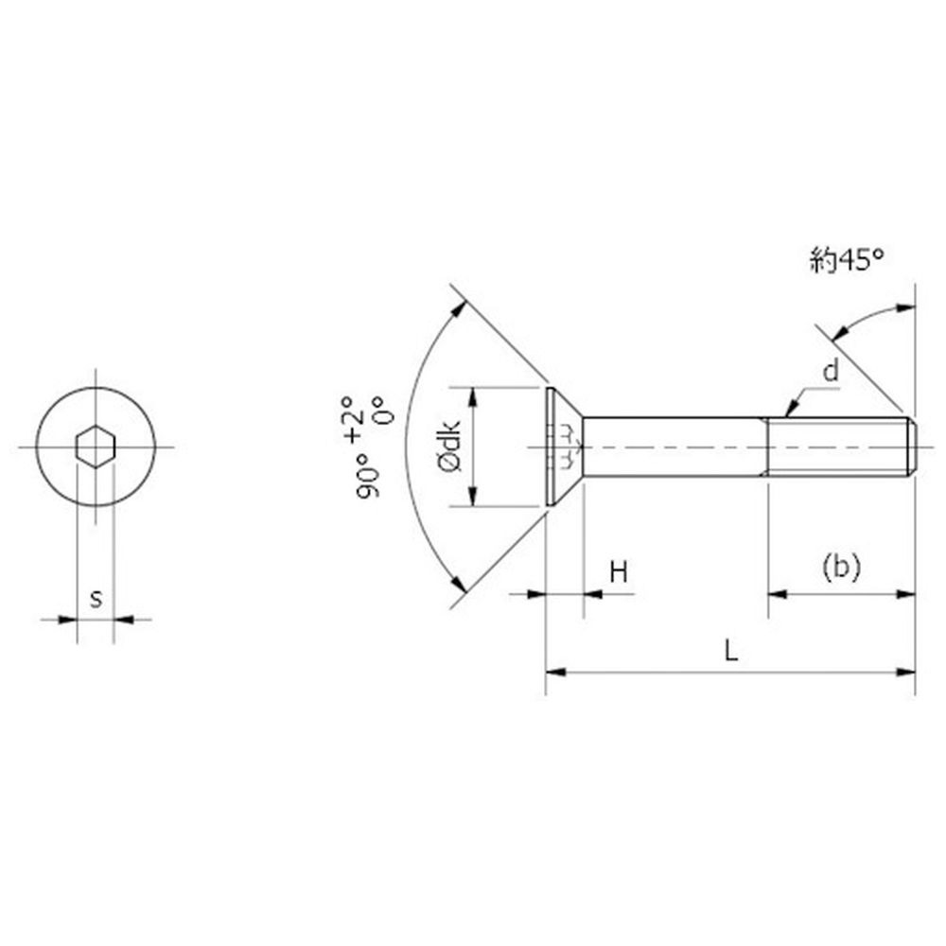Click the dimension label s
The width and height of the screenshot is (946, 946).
point(96,599)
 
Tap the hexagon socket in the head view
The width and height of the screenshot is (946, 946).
point(96,447)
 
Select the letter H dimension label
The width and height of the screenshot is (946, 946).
point(619,571)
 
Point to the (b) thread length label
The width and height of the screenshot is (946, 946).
point(841,567)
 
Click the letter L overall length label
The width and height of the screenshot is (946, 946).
point(730,651)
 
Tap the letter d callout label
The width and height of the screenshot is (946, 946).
point(831,372)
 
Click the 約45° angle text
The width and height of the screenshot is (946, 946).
point(847,261)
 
